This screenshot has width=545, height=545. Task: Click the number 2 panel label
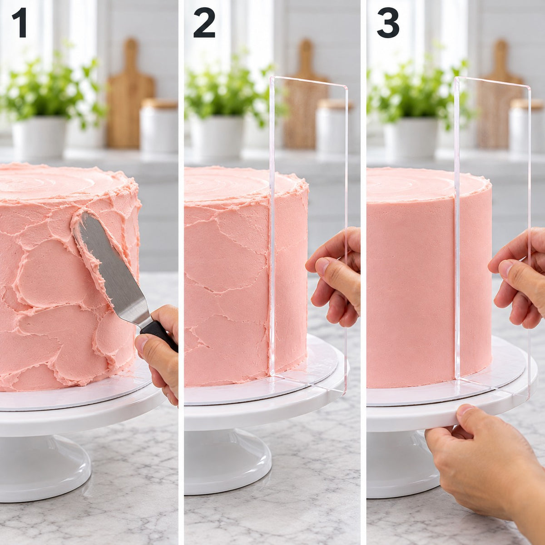[204, 23]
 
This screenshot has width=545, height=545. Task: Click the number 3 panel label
[388, 23]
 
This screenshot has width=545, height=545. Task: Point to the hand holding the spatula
[159, 353]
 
